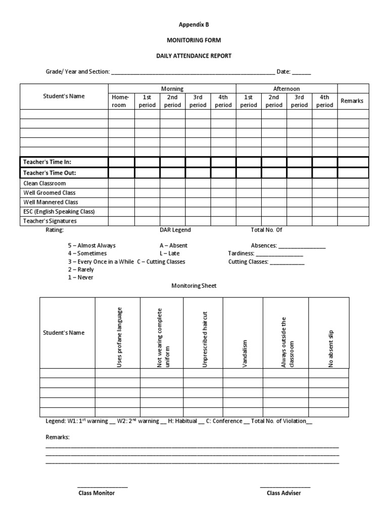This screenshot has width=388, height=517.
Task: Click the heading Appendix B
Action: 193,24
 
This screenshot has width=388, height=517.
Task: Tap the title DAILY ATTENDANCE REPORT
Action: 193,56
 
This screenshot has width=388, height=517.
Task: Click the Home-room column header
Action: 121,101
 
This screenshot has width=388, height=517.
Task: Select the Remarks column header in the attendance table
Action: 352,101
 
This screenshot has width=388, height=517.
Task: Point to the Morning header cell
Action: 172,89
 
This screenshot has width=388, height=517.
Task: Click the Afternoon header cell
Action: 286,89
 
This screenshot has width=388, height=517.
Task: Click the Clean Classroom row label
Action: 44,184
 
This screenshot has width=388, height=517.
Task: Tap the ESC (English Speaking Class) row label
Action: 59,212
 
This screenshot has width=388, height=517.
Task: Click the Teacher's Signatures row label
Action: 51,221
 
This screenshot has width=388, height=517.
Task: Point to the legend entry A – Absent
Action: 173,245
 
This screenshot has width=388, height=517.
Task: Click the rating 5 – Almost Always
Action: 92,245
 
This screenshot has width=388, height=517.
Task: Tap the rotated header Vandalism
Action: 245,353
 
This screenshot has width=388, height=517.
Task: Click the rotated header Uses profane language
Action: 120,337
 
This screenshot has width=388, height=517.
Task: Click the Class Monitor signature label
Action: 96,493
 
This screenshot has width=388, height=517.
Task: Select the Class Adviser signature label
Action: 284,493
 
